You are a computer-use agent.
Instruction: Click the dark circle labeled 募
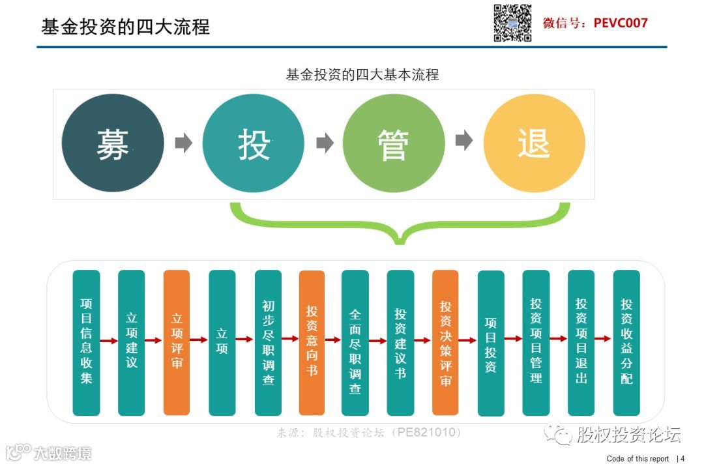113,143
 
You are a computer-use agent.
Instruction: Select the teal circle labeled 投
254,143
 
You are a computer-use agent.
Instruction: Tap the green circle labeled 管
393,143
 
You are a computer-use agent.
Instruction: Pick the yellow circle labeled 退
534,143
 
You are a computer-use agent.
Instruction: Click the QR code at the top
512,23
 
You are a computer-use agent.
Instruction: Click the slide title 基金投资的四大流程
126,27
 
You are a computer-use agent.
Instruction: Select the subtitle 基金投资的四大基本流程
362,74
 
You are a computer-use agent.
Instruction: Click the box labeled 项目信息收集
86,342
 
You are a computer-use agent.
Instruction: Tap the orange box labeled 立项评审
177,342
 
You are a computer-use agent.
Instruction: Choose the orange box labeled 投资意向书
312,342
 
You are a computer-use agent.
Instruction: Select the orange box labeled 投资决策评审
445,342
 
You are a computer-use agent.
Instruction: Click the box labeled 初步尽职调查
268,342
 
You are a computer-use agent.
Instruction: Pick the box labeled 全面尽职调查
355,342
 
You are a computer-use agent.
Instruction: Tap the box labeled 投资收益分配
626,342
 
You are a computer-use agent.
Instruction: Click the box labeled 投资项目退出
581,342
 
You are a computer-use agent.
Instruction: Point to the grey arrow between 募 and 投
184,143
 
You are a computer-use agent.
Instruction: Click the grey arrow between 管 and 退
463,141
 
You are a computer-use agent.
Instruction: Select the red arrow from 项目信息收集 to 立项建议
109,340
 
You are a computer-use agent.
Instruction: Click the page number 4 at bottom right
682,459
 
